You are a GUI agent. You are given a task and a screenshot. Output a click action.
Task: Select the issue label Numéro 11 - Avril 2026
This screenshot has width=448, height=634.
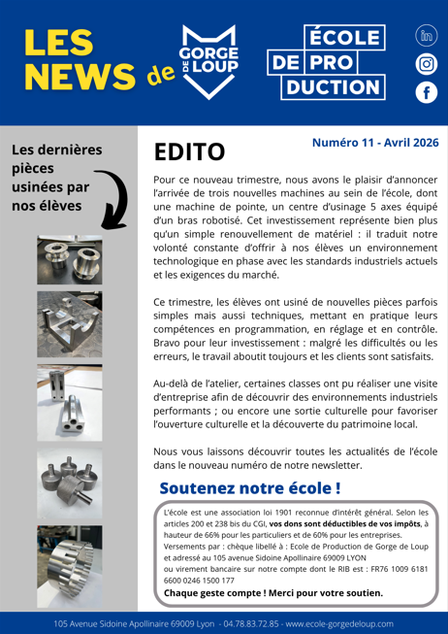point(374,143)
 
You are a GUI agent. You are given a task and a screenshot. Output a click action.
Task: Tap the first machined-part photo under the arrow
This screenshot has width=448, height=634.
point(69,259)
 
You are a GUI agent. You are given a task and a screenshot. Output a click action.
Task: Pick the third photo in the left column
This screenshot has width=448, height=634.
point(69,401)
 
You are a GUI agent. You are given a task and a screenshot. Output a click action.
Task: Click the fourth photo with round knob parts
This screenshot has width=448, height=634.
point(69,481)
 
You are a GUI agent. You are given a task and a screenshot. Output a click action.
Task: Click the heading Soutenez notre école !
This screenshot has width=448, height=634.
point(249,486)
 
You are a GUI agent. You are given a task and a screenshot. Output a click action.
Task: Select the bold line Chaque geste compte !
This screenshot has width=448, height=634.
point(272,592)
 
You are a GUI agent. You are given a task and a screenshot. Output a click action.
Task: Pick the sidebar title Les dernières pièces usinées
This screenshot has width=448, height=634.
point(56,178)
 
